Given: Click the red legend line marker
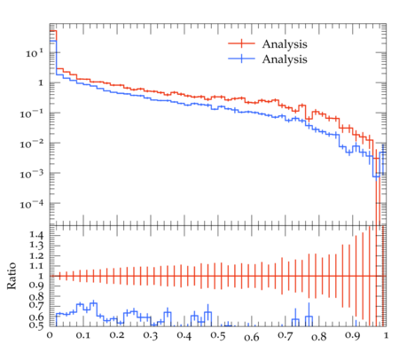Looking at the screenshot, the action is click(241, 43).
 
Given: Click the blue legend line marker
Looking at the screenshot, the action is click(241, 59).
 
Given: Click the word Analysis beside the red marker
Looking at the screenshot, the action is click(285, 44).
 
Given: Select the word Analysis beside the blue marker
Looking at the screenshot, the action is click(285, 59).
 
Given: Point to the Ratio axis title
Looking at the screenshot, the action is click(12, 276).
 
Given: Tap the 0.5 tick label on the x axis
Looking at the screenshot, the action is click(218, 336).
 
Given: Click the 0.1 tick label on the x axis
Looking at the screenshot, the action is click(83, 336).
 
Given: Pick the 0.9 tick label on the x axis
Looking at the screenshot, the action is click(353, 336).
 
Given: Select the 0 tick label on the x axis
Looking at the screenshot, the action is click(50, 336).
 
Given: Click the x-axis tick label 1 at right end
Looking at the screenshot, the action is click(386, 336).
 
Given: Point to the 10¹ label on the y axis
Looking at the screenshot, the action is click(35, 53).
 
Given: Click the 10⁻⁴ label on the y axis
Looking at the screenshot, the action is click(32, 204).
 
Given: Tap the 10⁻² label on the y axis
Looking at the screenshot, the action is click(32, 144).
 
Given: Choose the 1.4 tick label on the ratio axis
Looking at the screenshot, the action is click(36, 235).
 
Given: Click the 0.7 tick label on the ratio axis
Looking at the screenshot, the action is click(36, 305).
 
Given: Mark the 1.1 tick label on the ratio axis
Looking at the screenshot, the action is click(36, 266).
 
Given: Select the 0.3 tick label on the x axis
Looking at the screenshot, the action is click(151, 336).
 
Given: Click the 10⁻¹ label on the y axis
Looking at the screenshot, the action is click(32, 113).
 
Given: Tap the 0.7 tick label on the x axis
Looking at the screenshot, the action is click(286, 336).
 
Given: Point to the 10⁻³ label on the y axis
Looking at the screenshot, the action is click(32, 174).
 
